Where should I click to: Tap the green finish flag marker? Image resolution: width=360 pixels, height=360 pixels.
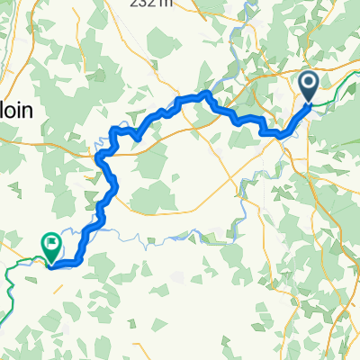(x=50, y=243)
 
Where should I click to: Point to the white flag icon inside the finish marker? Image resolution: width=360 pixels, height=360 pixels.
(x=50, y=241)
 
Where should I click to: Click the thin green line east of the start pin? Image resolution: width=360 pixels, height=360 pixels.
(x=337, y=90)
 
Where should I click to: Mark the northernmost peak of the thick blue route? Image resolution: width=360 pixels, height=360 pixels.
(x=208, y=93)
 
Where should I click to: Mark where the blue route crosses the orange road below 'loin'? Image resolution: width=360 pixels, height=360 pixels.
(x=100, y=154)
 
